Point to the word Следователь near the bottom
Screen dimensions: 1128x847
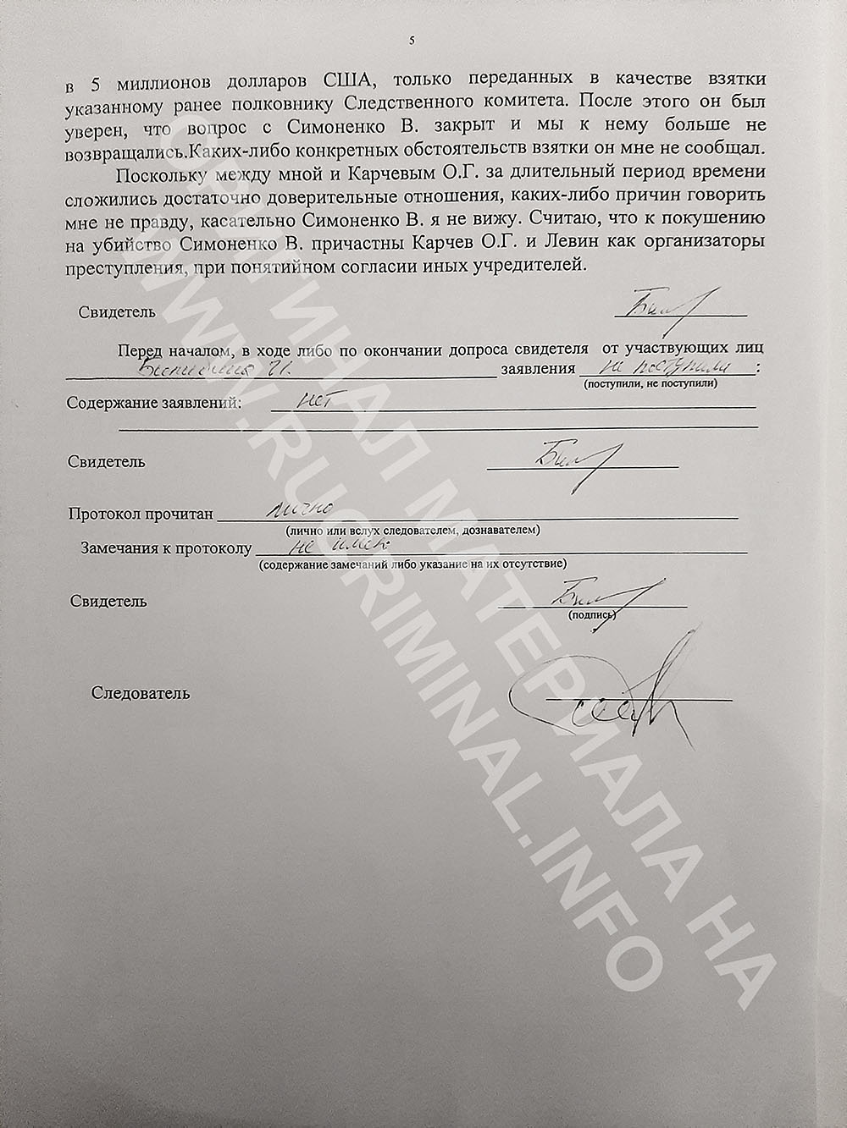141,694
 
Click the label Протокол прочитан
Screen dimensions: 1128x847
141,514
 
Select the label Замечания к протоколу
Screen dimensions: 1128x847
166,548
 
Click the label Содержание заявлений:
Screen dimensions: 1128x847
154,402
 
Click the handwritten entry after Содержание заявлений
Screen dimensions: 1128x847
313,401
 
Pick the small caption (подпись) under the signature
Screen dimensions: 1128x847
592,616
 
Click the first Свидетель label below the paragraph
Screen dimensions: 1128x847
117,311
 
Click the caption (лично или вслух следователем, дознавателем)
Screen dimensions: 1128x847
401,530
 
